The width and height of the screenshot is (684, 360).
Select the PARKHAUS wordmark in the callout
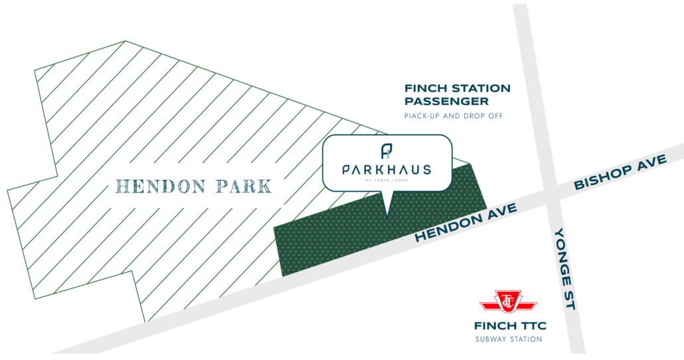point(386,169)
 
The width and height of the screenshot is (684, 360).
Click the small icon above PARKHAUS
point(386,151)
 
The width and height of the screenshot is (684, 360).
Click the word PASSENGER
point(446,102)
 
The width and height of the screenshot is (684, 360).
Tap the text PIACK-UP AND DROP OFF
point(454,116)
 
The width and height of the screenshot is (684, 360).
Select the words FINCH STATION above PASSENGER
point(458,88)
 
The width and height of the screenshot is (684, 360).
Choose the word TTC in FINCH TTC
point(532,326)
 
